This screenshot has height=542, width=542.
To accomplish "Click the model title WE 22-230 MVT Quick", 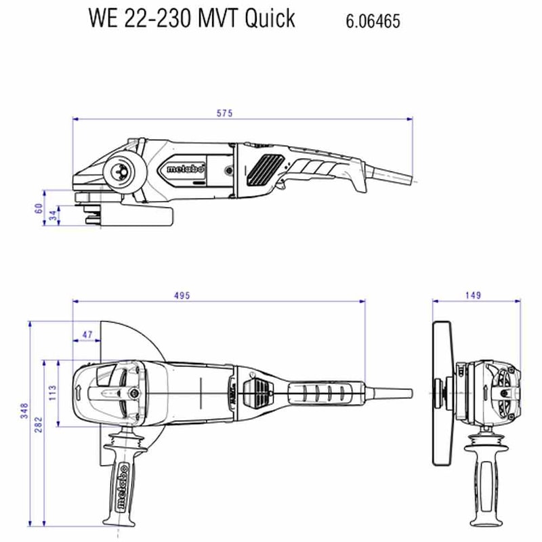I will (x=192, y=18).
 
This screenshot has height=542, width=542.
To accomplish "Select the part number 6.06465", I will (x=373, y=21).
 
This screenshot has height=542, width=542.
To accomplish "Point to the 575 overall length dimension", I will (x=224, y=113).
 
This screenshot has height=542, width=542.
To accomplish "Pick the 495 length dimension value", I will (x=182, y=295).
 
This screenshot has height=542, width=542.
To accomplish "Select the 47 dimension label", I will (x=87, y=335).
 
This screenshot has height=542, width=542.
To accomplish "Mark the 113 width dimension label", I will (x=53, y=392).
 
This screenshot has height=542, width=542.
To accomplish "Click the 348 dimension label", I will (x=24, y=411).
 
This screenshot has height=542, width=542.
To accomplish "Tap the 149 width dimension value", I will (x=474, y=295).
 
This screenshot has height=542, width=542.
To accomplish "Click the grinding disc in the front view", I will (x=443, y=393).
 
